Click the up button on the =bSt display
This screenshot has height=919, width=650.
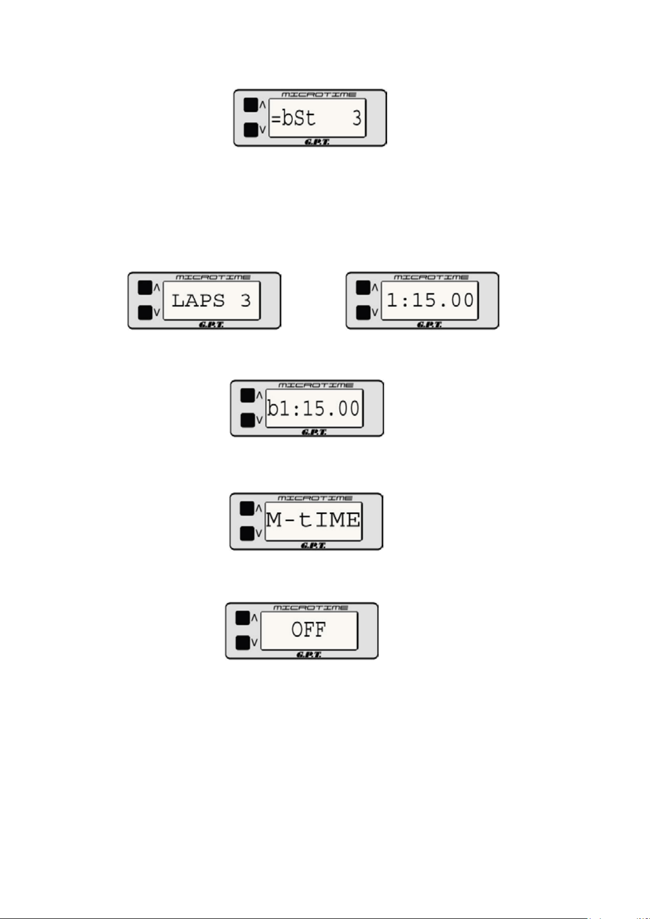(x=251, y=105)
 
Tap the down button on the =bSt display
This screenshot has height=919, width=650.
(x=251, y=129)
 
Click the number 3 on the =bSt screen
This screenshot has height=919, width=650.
(x=357, y=117)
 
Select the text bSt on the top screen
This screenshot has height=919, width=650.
(x=298, y=117)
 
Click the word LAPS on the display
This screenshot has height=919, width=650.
(x=198, y=300)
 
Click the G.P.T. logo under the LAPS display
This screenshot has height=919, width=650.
(x=211, y=325)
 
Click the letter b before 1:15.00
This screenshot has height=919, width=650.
(x=273, y=409)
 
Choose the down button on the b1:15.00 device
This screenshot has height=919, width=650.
(x=248, y=420)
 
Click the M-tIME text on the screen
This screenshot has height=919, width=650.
(x=313, y=520)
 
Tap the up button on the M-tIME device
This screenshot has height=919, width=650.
(x=248, y=508)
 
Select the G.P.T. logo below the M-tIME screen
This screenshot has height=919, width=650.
(x=314, y=546)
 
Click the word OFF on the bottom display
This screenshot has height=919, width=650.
(x=309, y=630)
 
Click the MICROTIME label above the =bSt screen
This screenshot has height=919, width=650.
(x=319, y=95)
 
